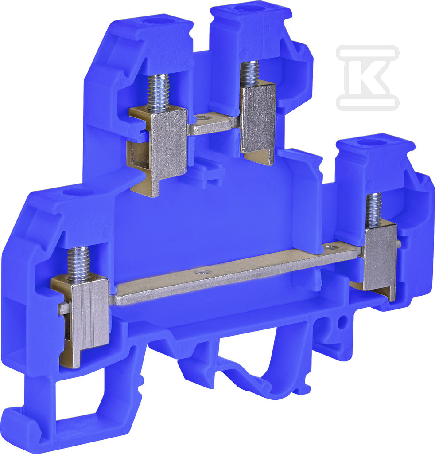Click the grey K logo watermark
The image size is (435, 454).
(x=367, y=78)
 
